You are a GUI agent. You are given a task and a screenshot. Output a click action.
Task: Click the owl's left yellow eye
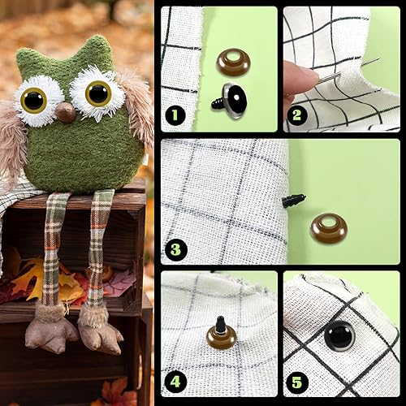point(34,100)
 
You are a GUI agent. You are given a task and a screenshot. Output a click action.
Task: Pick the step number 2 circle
point(297,114)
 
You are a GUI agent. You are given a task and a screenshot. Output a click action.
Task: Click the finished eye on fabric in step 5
point(339,335)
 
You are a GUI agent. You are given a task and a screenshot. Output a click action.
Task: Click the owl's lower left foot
point(42,333)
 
